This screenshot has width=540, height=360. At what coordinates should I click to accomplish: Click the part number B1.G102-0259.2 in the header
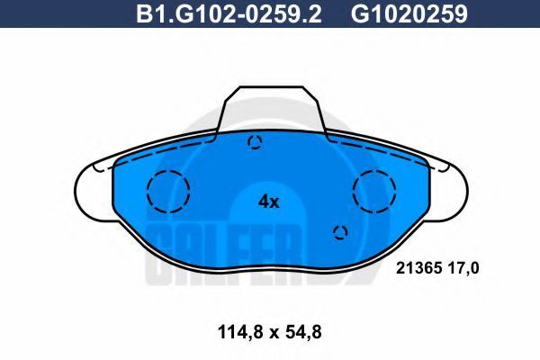point(229,14)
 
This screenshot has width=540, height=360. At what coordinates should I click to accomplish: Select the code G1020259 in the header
point(409,14)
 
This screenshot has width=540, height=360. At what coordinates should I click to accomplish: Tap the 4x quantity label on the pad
point(268,202)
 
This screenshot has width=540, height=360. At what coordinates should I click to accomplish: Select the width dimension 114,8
point(240,332)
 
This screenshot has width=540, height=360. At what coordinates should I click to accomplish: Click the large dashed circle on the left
point(168,171)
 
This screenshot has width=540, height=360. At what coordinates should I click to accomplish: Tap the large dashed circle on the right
point(374,170)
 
